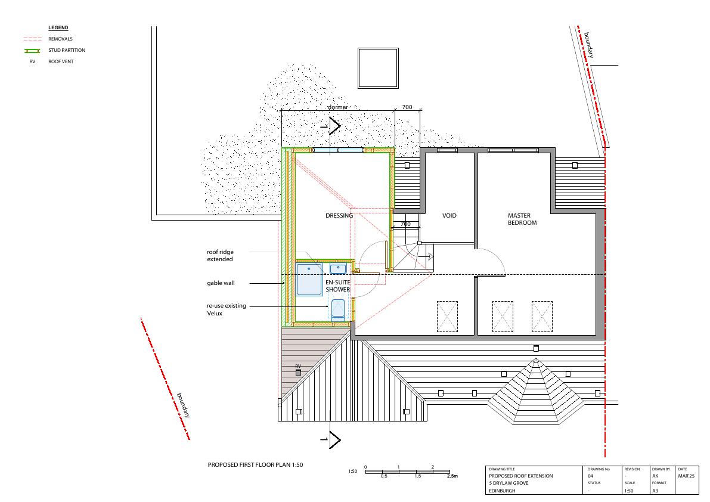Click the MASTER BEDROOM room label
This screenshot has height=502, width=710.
click(522, 219)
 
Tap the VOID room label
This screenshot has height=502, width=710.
click(449, 215)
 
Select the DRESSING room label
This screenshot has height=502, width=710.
click(339, 215)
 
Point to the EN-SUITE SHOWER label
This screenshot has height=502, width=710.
click(338, 286)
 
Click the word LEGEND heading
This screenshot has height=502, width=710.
click(58, 27)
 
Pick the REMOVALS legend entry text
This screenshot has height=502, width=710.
click(60, 39)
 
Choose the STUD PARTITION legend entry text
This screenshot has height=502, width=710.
click(67, 50)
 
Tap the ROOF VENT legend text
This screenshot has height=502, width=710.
click(61, 61)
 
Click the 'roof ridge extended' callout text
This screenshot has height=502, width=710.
click(220, 255)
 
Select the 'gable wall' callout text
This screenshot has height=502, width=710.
click(221, 283)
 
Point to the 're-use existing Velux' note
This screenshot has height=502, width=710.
click(227, 309)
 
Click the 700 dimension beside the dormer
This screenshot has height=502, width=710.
click(407, 107)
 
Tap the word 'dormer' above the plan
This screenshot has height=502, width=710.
click(338, 107)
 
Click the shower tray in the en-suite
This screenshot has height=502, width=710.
click(309, 280)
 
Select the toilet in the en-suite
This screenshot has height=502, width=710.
click(338, 310)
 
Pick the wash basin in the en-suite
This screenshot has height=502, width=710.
click(338, 269)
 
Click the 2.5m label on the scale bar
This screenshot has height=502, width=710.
click(452, 476)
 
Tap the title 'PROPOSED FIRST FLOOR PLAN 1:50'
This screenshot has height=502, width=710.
click(255, 464)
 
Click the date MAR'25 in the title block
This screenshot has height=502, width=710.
click(686, 476)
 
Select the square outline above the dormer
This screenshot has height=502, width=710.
click(378, 48)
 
